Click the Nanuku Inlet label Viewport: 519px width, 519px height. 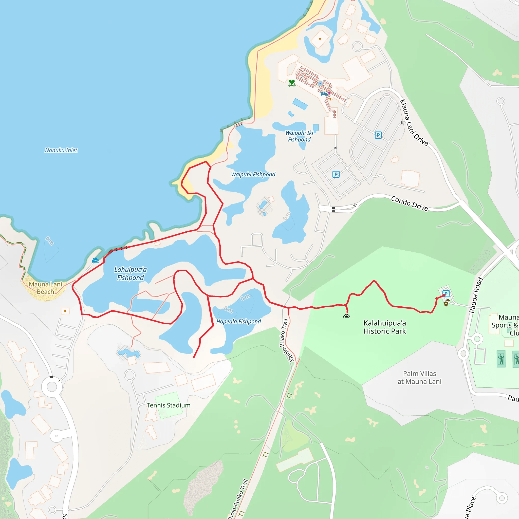(61, 150)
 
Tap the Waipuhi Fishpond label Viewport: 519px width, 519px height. (253, 174)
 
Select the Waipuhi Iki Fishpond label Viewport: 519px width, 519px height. (299, 136)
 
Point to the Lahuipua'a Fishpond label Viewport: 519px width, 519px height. (130, 273)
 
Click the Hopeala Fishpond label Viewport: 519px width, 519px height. (238, 322)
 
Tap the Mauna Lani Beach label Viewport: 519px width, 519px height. (45, 288)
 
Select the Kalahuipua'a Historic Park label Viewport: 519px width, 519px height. (385, 327)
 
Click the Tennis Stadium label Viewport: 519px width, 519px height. (169, 405)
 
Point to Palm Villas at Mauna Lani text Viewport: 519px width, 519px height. (419, 377)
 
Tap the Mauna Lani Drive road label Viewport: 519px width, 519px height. (413, 122)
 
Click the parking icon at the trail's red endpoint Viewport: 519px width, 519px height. (446, 294)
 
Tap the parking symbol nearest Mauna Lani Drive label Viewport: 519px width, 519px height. (378, 135)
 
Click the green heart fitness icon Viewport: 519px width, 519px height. (292, 83)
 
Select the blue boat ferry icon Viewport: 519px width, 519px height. (96, 260)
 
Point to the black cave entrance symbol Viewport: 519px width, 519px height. (346, 317)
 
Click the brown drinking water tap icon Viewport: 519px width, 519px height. (446, 304)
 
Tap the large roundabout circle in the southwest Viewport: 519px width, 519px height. (52, 387)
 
